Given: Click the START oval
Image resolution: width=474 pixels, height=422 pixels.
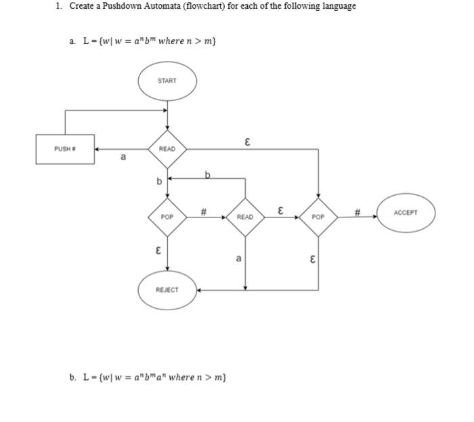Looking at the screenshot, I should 167,81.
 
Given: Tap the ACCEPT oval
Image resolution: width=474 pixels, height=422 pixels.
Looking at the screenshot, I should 405,213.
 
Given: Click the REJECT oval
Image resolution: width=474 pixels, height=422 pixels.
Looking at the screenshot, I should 167,290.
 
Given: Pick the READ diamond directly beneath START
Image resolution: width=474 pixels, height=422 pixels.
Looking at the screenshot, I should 167,149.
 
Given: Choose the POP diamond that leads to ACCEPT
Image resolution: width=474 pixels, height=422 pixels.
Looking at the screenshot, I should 318,217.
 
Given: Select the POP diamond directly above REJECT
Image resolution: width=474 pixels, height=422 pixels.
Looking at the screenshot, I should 167,217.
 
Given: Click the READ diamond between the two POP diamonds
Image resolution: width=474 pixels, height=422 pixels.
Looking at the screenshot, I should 245,217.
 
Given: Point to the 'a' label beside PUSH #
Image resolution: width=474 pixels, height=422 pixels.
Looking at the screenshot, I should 123,159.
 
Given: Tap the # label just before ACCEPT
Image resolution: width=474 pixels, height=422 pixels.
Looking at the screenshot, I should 358,211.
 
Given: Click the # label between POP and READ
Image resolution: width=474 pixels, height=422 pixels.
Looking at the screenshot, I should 204,212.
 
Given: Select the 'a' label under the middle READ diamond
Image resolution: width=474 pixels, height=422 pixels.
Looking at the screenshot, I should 238,258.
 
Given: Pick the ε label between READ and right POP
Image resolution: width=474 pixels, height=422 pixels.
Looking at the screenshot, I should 280,211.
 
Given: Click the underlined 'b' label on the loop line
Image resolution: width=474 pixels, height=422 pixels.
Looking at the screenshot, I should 207,175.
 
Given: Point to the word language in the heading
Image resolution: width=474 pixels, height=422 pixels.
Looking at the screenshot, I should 337,6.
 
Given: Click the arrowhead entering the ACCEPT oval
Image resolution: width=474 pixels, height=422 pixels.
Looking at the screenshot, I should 374,217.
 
